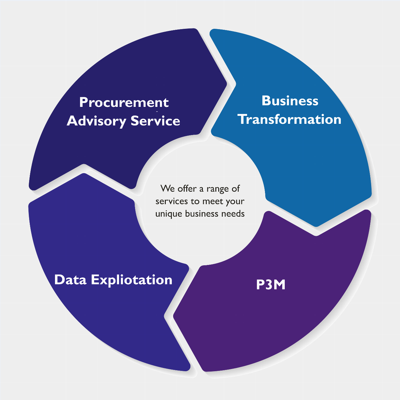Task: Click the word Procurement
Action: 124,103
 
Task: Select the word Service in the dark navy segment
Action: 156,121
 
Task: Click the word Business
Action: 290,101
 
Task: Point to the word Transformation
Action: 290,119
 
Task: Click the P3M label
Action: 271,284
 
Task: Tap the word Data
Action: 70,280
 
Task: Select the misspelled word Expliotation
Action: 132,280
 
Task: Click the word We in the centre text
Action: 168,188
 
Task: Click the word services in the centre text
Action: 172,201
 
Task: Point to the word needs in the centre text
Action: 233,213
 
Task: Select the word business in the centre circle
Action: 201,213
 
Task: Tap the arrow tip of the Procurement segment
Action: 227,84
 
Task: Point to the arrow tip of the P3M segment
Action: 174,316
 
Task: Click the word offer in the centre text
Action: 187,188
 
